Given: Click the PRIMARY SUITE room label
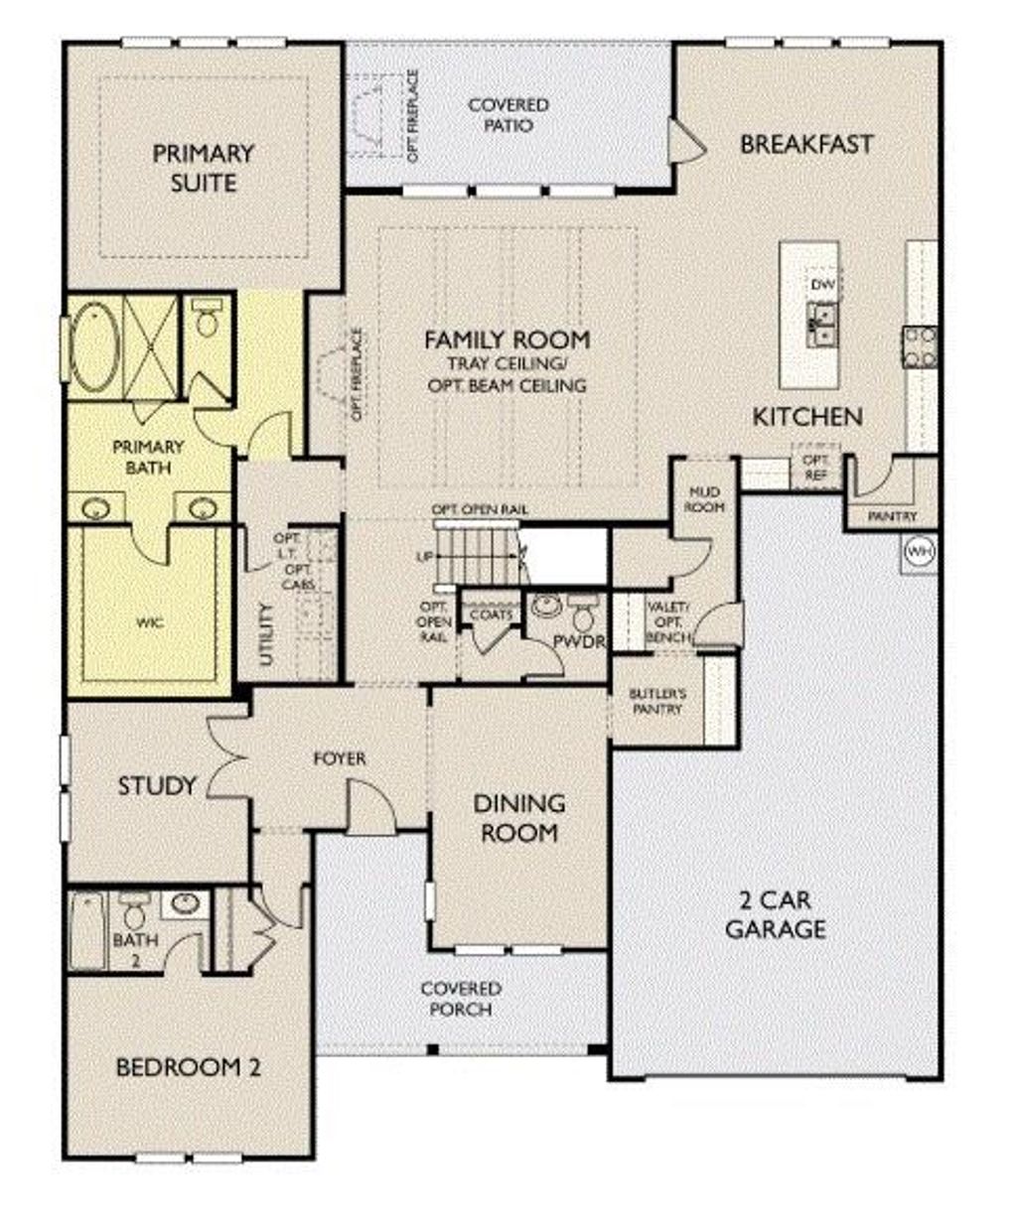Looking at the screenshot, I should pos(203,168).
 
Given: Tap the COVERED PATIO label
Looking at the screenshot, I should pos(508,115).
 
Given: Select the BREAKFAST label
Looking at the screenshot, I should pos(806,144).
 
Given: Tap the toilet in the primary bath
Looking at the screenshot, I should pos(208,319).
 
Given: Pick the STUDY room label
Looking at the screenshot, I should pos(157,786).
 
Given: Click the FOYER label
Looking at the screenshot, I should pos(340,758).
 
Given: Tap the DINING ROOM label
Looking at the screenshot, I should pos(518,817).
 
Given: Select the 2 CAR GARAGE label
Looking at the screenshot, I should pos(775,914).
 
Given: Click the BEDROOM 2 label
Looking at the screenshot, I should pos(189,1068).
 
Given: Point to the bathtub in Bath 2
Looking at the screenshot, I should pos(87,931).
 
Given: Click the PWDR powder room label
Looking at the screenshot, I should pos(579,642).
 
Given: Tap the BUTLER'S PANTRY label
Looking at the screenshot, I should pos(656,701).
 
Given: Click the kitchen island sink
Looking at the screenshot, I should pos(822,325).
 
